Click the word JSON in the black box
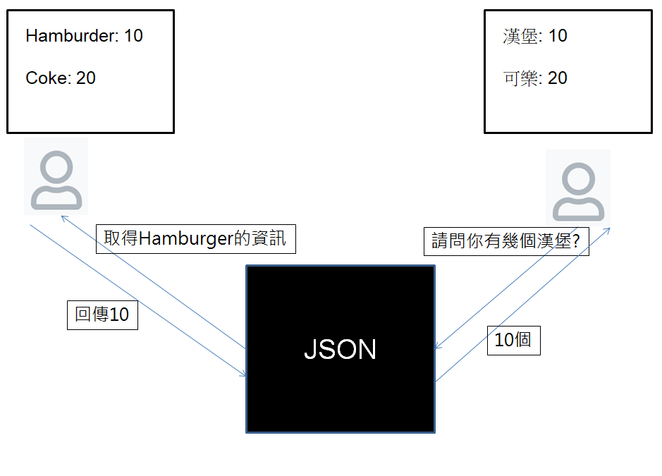coord(340,350)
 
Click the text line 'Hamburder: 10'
coord(84,36)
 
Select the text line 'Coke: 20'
coord(61,78)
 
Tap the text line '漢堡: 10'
coord(535,36)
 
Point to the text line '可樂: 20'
coord(535,78)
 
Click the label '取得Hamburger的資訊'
coord(195,239)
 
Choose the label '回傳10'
coord(102,315)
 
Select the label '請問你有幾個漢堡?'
coord(505,242)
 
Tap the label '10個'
coord(513,340)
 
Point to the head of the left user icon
coord(56,168)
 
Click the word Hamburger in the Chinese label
coord(185,239)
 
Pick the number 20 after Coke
coord(86,78)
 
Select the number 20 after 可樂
coord(557,78)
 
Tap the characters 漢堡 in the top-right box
coord(520,36)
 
